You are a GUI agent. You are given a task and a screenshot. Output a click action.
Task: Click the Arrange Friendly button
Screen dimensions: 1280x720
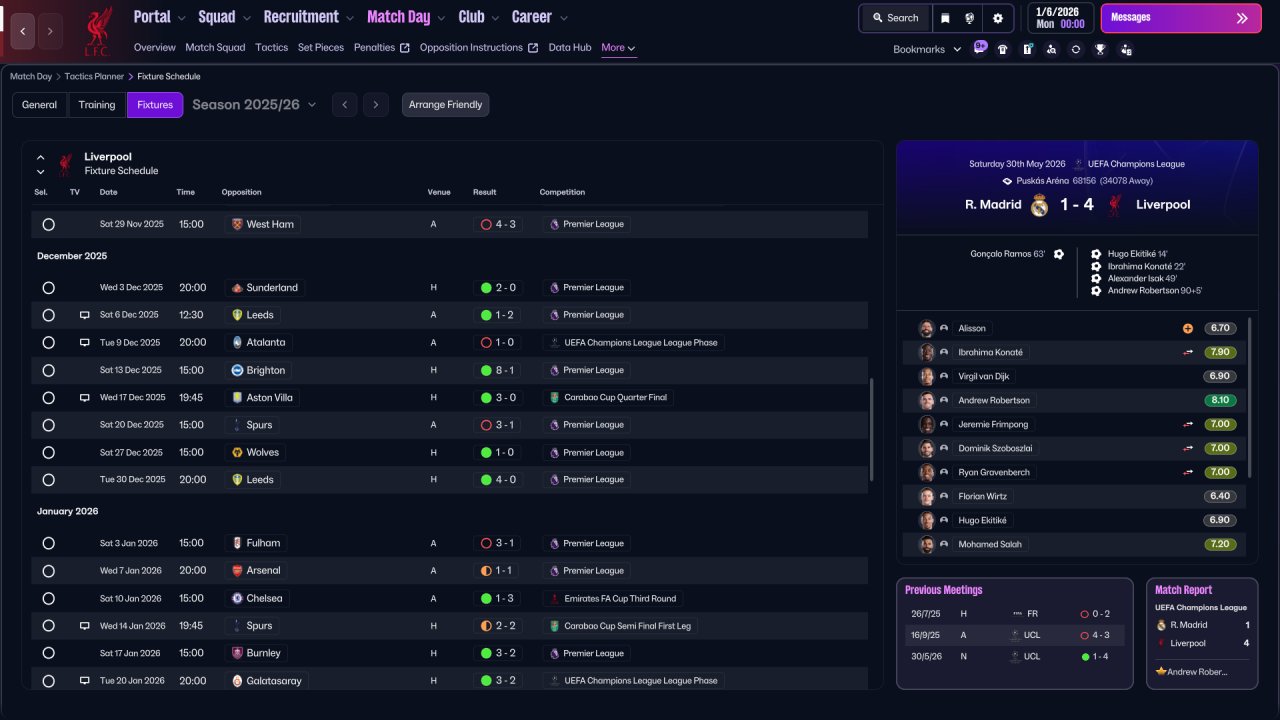pos(445,105)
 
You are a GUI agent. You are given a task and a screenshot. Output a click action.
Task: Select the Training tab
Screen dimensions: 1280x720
pos(97,105)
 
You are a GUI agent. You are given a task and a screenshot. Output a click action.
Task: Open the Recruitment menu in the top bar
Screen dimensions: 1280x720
pos(308,17)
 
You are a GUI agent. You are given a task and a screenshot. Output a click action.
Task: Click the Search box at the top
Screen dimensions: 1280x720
pos(895,18)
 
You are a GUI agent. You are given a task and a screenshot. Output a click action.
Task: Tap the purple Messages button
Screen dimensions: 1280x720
pos(1181,18)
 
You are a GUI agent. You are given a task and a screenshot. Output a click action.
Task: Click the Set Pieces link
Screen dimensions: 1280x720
pos(321,47)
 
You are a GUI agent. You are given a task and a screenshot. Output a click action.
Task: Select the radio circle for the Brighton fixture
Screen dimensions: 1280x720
pos(49,370)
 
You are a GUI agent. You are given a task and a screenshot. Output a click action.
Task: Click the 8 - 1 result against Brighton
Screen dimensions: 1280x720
pos(498,370)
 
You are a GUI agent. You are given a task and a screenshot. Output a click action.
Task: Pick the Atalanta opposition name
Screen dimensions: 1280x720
pos(266,342)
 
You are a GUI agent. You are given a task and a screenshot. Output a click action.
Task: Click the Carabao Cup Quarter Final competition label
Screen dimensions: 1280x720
pos(615,397)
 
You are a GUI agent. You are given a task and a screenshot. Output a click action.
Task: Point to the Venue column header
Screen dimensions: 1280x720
pos(439,192)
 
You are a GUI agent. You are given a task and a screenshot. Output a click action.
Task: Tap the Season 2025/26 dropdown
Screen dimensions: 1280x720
pos(254,105)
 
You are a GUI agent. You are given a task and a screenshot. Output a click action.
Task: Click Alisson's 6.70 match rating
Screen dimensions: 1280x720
pos(1220,328)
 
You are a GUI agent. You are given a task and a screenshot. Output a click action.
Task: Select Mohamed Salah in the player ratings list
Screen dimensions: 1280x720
pos(990,544)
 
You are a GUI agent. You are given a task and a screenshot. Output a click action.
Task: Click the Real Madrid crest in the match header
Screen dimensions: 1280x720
pos(1039,205)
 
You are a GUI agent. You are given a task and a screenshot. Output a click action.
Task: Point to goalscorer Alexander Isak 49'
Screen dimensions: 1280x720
pos(1142,278)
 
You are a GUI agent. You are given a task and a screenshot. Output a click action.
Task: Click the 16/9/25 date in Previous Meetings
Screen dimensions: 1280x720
pos(926,635)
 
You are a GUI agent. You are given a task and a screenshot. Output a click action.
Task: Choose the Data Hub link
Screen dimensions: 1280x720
pos(570,47)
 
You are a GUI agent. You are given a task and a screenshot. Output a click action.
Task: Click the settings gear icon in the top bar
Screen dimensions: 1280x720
pos(998,18)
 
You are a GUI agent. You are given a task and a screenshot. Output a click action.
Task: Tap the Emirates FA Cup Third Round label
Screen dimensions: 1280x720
pos(620,598)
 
